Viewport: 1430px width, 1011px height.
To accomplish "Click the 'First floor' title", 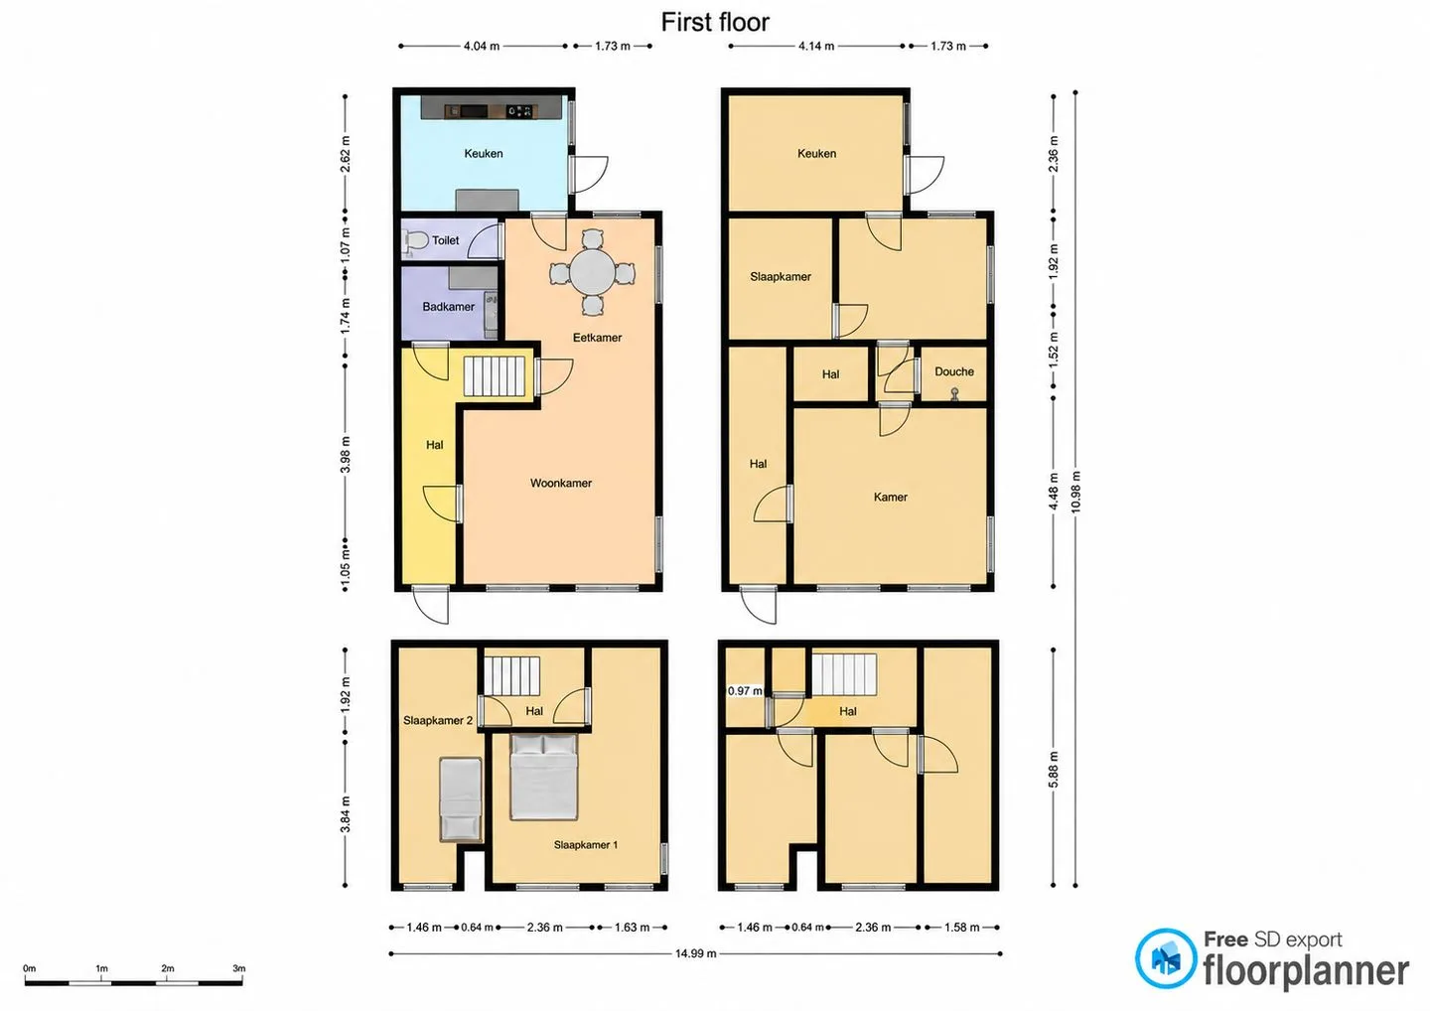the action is pos(715,22).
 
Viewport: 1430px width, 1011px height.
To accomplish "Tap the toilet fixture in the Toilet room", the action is pos(415,241).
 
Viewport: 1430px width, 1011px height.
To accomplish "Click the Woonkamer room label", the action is pos(560,484).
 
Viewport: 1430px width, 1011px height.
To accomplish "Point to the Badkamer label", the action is pos(448,307).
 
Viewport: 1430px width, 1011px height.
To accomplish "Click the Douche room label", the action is pos(953,371).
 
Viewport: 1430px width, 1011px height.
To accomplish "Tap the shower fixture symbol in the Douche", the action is pos(954,394).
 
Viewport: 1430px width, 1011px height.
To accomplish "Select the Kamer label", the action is pos(890,498).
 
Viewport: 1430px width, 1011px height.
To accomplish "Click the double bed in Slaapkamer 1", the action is pos(543,777).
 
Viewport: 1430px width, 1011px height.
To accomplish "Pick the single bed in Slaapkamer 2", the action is pos(461,798).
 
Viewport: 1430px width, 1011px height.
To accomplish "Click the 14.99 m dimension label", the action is pos(696,953).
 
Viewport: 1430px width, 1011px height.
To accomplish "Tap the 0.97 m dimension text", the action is pos(745,690).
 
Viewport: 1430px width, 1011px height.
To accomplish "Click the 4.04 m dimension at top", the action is pos(482,46).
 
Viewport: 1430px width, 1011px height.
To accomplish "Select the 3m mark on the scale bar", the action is pos(238,968).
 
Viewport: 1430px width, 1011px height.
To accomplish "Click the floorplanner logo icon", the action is pos(1165,958).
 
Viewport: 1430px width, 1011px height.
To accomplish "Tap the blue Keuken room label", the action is pos(484,154).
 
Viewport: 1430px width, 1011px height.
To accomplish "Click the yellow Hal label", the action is pos(434,445).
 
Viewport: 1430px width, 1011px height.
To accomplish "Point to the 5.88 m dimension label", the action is pos(1054,769).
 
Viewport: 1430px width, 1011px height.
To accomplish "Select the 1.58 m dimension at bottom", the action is pos(961,928).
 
